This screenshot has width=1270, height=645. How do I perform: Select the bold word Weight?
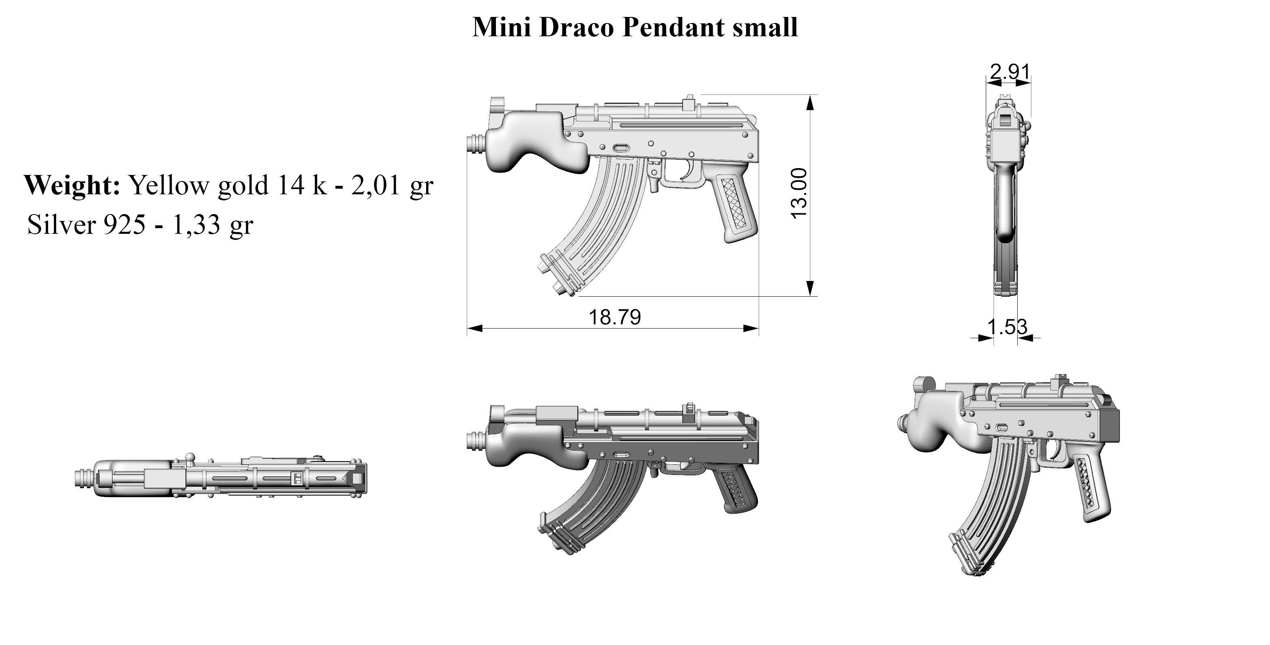pos(72,186)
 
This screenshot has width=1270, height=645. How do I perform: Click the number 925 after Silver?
pos(124,225)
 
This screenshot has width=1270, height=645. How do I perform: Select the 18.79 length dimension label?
pos(615,317)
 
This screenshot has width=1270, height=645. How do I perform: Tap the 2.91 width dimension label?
pos(1010,73)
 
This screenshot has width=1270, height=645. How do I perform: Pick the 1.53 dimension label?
pos(1007,327)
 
